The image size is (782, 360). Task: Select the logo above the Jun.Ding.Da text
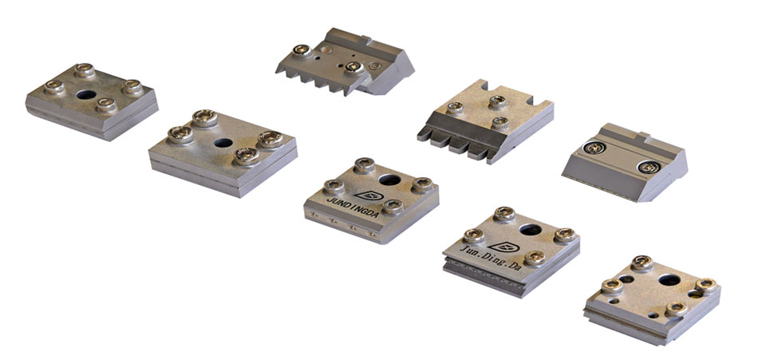tap(504, 247)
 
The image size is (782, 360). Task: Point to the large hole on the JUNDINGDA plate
tap(389, 180)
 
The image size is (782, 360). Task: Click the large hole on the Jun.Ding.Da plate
tap(530, 229)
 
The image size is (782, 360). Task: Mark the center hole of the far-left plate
tap(86, 94)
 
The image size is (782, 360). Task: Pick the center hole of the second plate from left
tap(223, 143)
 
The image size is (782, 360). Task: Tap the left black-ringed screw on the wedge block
tap(594, 148)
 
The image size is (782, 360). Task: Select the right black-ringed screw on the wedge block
tap(649, 167)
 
